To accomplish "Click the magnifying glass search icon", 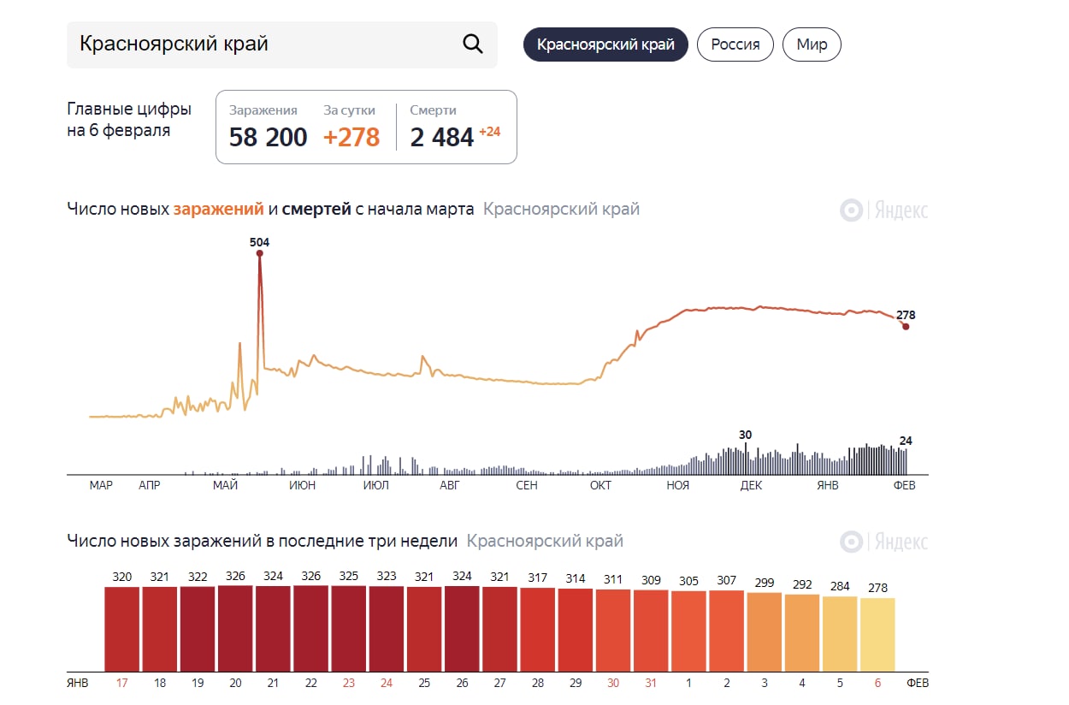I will click(473, 44).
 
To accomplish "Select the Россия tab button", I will click(735, 44).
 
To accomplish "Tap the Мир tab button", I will click(812, 44).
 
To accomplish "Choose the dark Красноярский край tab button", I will click(605, 44).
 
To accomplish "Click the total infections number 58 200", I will click(268, 137).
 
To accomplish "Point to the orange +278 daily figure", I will click(351, 137).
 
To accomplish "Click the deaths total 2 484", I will click(441, 137).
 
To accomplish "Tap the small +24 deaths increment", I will click(489, 132).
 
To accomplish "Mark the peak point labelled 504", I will click(259, 253).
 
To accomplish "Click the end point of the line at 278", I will click(906, 326).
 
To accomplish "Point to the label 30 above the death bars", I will click(745, 435).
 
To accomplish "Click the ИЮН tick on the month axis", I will click(302, 485).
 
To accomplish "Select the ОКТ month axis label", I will click(600, 485).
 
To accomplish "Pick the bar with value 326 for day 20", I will click(236, 628).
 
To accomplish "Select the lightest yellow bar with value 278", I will click(877, 634).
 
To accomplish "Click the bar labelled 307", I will click(726, 631).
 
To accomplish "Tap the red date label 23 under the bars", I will click(349, 684).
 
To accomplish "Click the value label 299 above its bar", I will click(765, 583).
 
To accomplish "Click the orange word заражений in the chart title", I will click(218, 209).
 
